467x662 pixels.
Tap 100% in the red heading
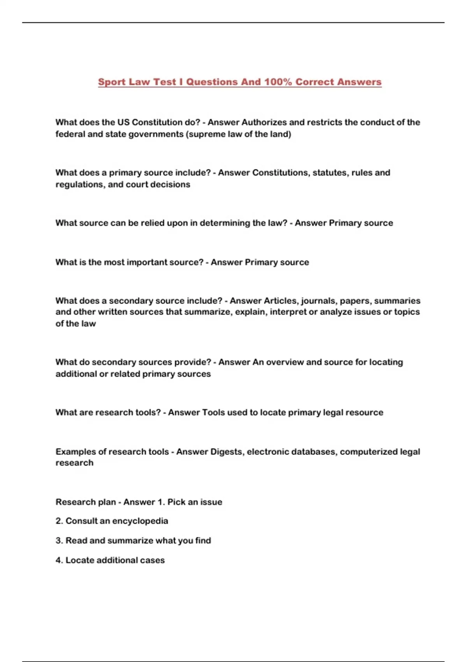tap(278, 82)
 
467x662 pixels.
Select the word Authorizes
tap(264, 122)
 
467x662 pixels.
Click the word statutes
tap(331, 173)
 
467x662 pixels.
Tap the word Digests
tap(227, 452)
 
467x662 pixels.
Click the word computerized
tap(369, 452)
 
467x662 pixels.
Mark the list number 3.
tap(59, 541)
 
